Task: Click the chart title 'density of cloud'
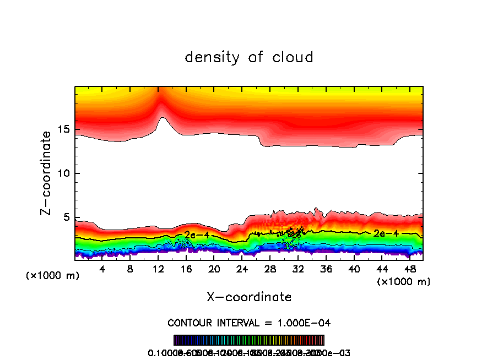(x=249, y=57)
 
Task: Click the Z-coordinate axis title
(x=47, y=173)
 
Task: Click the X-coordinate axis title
(x=249, y=297)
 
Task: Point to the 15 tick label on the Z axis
(x=62, y=129)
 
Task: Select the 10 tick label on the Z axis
(x=62, y=173)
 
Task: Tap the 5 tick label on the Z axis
(x=65, y=217)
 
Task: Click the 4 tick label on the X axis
(x=102, y=269)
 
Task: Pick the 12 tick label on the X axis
(x=158, y=269)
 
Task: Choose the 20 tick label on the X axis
(x=214, y=269)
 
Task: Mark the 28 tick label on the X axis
(x=270, y=269)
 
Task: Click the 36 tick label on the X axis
(x=326, y=269)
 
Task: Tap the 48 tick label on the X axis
(x=409, y=269)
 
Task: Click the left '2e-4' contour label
(x=197, y=235)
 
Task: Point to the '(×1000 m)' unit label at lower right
(x=404, y=282)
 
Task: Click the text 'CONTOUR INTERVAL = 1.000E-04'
(x=249, y=323)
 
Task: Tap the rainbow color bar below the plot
(x=249, y=340)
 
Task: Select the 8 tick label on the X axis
(x=130, y=269)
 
